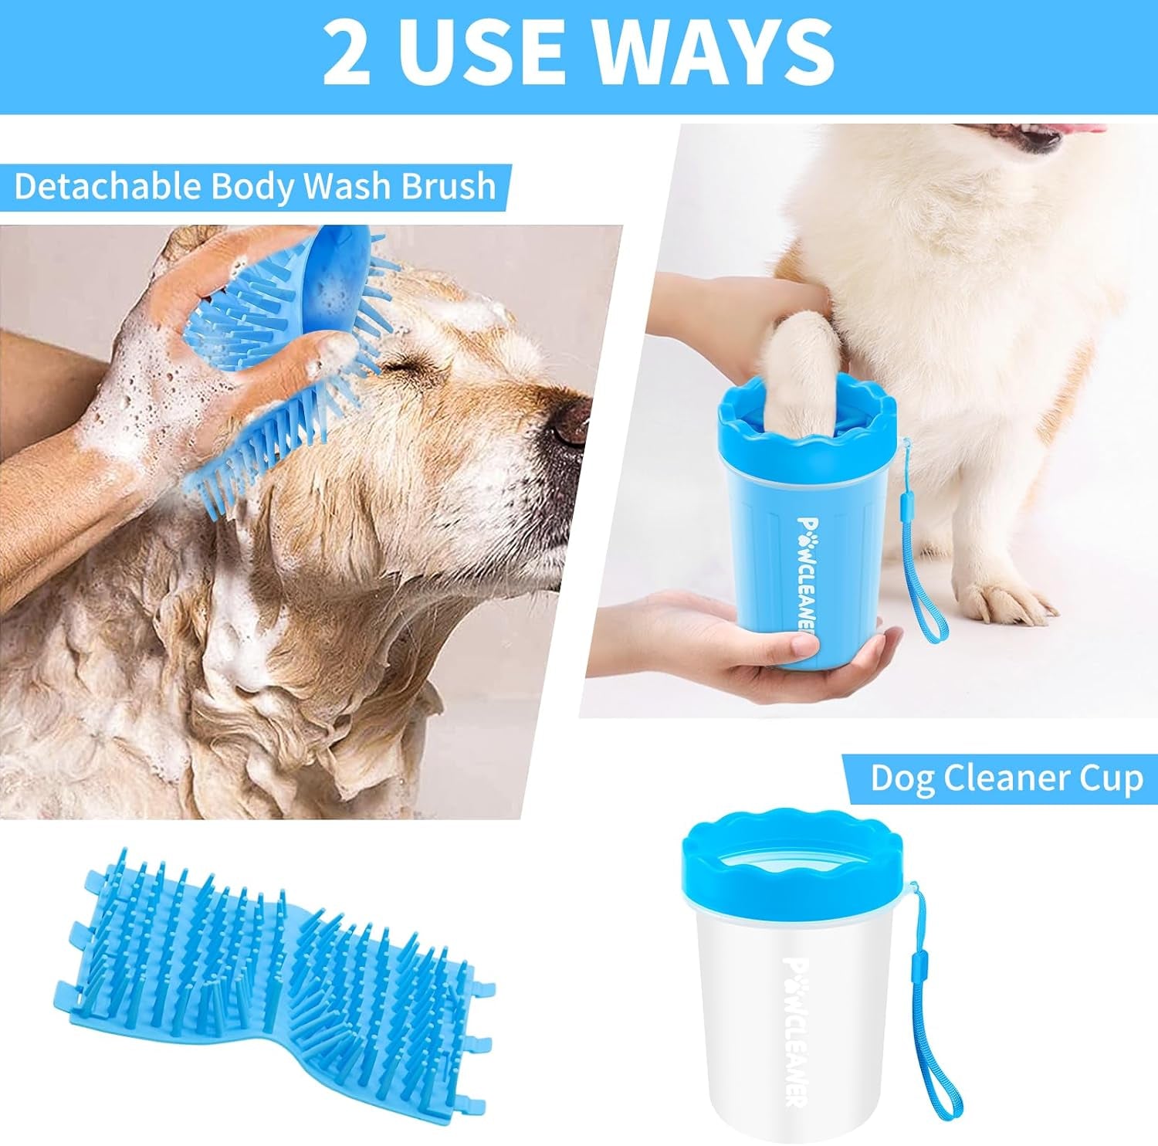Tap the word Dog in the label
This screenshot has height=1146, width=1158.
click(902, 778)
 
